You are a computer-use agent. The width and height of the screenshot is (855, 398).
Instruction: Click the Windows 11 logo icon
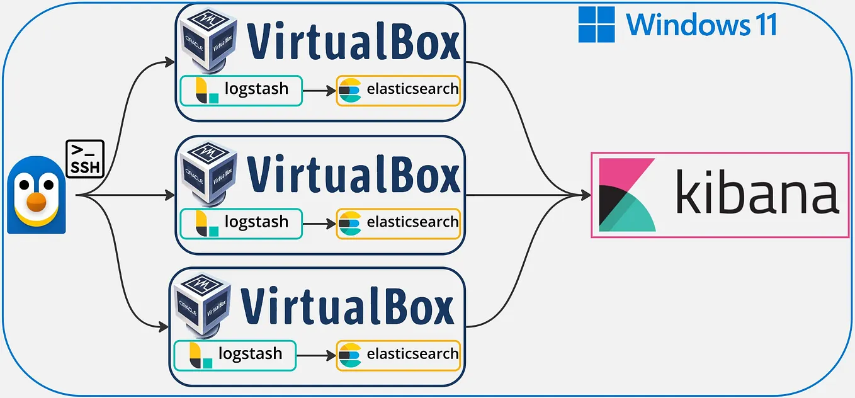(x=596, y=25)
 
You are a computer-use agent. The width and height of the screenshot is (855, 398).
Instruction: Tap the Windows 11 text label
(x=701, y=25)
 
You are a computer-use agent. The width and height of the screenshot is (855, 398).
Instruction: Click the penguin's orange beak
(x=38, y=202)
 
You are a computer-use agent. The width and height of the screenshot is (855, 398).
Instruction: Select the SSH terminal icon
(x=85, y=158)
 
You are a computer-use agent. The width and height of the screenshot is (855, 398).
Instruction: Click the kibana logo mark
(x=627, y=195)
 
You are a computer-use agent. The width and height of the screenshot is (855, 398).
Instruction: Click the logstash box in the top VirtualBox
(x=241, y=90)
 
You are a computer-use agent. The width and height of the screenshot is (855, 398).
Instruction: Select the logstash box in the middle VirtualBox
(x=241, y=224)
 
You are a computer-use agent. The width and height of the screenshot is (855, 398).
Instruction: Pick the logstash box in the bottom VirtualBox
(x=235, y=355)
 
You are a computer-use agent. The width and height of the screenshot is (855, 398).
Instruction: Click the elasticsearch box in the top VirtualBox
(x=398, y=90)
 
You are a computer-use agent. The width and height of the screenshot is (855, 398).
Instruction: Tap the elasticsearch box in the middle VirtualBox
(x=398, y=224)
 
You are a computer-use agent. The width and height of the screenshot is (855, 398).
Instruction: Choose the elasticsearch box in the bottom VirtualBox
(x=398, y=355)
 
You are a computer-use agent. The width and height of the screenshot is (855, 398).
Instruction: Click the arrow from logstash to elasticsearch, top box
(x=319, y=91)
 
